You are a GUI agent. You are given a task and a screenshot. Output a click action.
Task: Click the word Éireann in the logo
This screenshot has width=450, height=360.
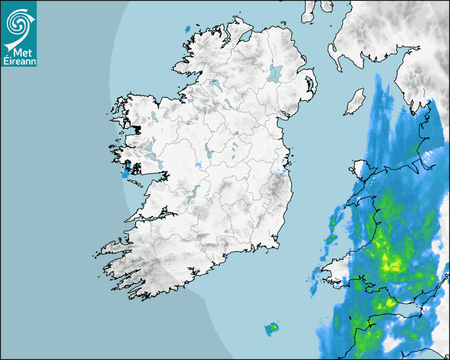[19, 61]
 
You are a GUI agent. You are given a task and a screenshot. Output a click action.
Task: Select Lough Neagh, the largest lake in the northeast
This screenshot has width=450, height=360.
[275, 73]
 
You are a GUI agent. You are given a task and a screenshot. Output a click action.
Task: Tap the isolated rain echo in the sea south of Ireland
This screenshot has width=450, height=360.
[272, 329]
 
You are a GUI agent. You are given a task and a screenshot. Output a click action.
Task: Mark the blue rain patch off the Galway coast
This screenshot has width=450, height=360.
[126, 172]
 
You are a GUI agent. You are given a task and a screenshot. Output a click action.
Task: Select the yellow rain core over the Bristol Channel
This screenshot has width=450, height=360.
[390, 303]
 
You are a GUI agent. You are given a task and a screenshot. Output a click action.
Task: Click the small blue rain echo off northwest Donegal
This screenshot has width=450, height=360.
[188, 30]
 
